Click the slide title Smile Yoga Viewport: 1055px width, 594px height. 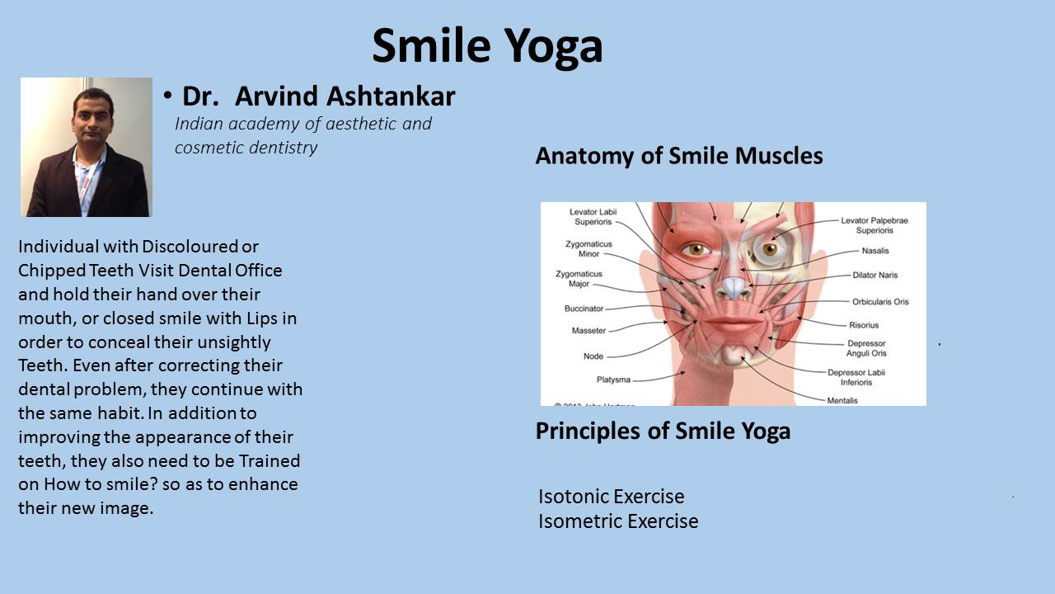[x=487, y=46]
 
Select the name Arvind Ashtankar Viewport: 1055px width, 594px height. [x=345, y=97]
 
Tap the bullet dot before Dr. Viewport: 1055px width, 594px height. [x=167, y=95]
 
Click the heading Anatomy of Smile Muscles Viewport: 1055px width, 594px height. [x=679, y=156]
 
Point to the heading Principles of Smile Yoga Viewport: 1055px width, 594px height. [x=663, y=431]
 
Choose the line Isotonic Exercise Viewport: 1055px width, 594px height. [x=612, y=497]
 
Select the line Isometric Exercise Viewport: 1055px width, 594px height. [x=618, y=521]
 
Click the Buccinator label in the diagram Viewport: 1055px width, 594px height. [x=584, y=309]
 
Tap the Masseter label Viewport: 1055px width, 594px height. [x=588, y=331]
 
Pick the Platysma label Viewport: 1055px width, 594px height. [x=613, y=379]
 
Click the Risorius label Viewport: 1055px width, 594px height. [x=864, y=325]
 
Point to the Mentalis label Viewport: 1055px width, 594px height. [x=842, y=400]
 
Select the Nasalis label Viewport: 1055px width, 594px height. [x=875, y=251]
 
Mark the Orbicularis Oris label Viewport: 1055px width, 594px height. [x=880, y=302]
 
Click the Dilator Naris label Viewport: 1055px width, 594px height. [x=875, y=275]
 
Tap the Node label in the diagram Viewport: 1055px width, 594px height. [x=593, y=356]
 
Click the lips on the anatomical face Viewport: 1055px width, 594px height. [x=733, y=324]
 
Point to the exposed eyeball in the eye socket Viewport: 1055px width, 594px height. [x=769, y=248]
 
